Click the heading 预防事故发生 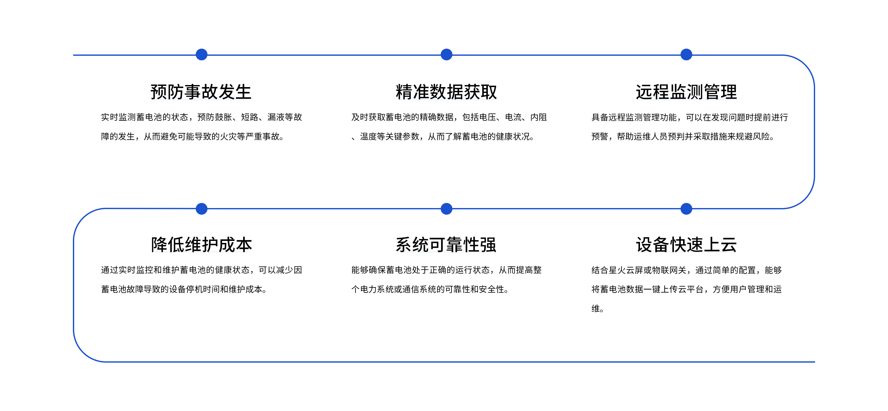click(201, 92)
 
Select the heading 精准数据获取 click(446, 92)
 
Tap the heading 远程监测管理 click(686, 92)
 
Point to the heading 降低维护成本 click(201, 245)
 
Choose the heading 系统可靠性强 click(446, 245)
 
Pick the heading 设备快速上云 click(686, 245)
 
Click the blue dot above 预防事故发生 click(202, 54)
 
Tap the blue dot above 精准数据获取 click(446, 54)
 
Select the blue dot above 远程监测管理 click(686, 54)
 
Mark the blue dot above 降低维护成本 click(202, 209)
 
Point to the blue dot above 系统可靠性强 click(446, 209)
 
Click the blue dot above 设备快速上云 click(686, 209)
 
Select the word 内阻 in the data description click(539, 117)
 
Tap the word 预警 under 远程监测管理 click(600, 136)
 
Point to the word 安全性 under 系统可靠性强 click(491, 289)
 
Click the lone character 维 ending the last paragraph click(596, 308)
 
